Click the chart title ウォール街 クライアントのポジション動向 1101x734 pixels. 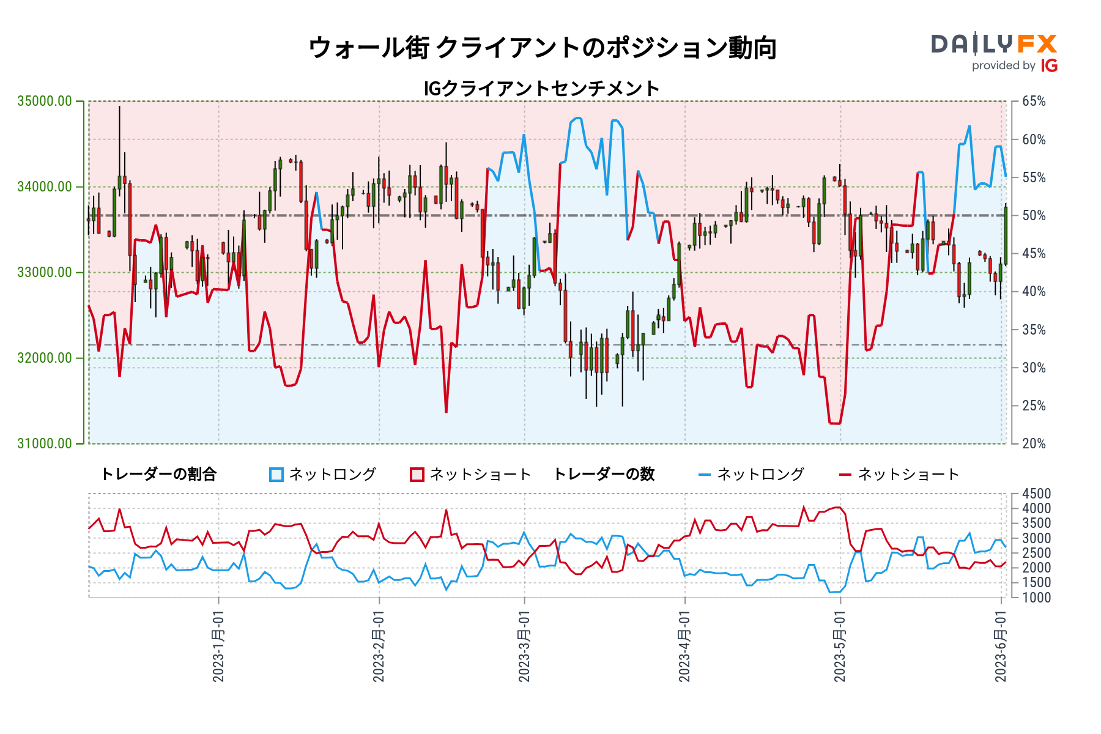(x=542, y=48)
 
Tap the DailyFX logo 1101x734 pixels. (x=994, y=52)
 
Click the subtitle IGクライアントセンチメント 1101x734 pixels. (x=542, y=89)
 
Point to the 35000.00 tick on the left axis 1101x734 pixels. (x=45, y=101)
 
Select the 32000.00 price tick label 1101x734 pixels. (x=45, y=358)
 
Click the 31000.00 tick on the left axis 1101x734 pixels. (x=45, y=443)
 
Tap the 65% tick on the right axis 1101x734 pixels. (x=1034, y=102)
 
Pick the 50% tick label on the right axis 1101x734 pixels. (x=1034, y=215)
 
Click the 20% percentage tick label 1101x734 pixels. (x=1034, y=443)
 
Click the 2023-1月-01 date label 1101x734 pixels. (x=218, y=646)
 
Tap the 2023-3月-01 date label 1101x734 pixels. (x=524, y=646)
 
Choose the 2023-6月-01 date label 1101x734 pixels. (x=1001, y=646)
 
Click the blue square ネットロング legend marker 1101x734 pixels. (x=276, y=475)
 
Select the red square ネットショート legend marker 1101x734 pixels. (x=417, y=475)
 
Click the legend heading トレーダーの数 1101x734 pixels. (x=604, y=475)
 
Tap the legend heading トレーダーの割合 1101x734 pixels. (x=158, y=475)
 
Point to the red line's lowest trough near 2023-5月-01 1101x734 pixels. (x=834, y=423)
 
